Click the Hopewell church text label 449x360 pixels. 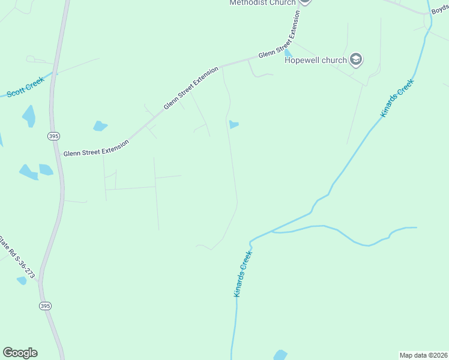point(316,60)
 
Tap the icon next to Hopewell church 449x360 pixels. point(357,59)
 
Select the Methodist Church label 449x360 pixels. point(262,2)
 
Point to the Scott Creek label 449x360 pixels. point(26,87)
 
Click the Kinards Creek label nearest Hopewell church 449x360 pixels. point(397,98)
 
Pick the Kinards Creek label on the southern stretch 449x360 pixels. point(243,274)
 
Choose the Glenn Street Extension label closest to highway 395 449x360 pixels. point(97,148)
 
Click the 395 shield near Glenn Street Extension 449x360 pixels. point(53,137)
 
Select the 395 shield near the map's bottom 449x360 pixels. point(46,306)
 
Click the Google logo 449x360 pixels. point(20,353)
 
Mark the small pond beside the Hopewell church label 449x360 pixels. point(288,53)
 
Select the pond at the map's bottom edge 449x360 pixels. point(280,355)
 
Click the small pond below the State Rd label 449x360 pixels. point(22,280)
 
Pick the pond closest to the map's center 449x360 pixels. point(234,125)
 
